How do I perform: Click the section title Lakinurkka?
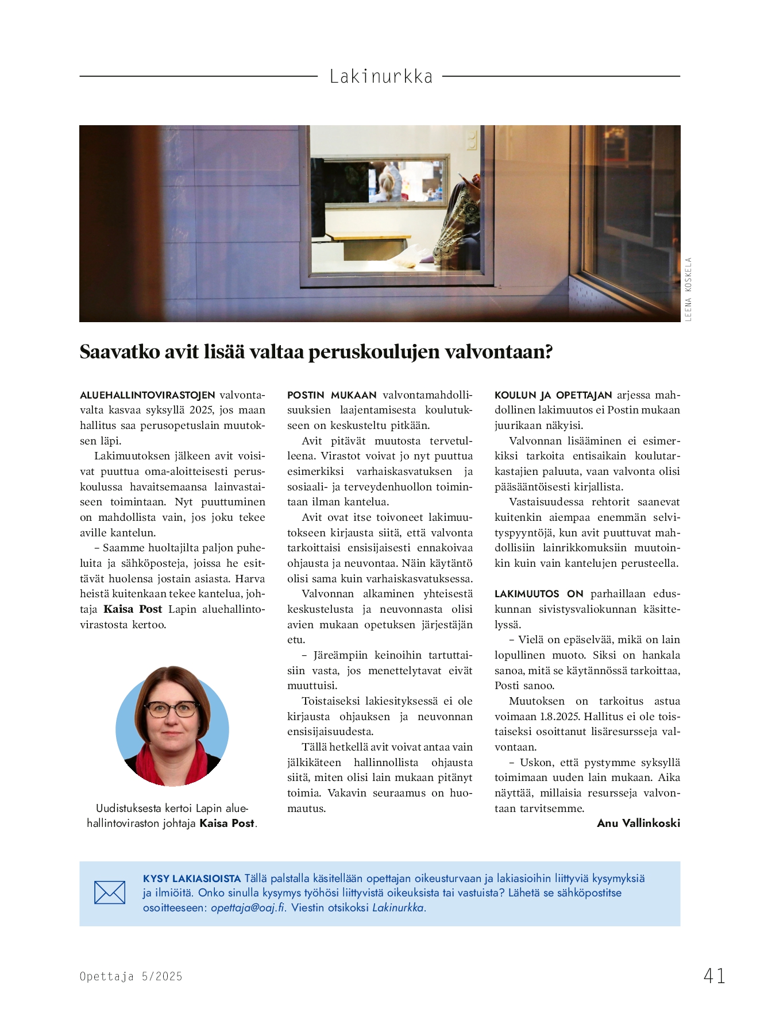click(x=381, y=76)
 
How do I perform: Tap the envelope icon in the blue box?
click(x=110, y=893)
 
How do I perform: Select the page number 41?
click(x=714, y=976)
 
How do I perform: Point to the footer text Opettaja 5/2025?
click(x=131, y=976)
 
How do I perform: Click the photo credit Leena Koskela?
click(x=688, y=289)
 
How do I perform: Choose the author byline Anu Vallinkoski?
click(x=638, y=823)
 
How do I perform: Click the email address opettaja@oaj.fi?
click(x=248, y=908)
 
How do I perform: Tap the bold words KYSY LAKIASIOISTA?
click(x=192, y=879)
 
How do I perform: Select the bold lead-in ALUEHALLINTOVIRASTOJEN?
click(x=148, y=395)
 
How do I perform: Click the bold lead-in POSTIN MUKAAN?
click(x=332, y=395)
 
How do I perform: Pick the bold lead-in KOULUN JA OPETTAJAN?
click(x=553, y=395)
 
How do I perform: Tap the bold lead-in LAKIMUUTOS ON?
click(x=539, y=594)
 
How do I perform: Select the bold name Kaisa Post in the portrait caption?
click(x=226, y=823)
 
